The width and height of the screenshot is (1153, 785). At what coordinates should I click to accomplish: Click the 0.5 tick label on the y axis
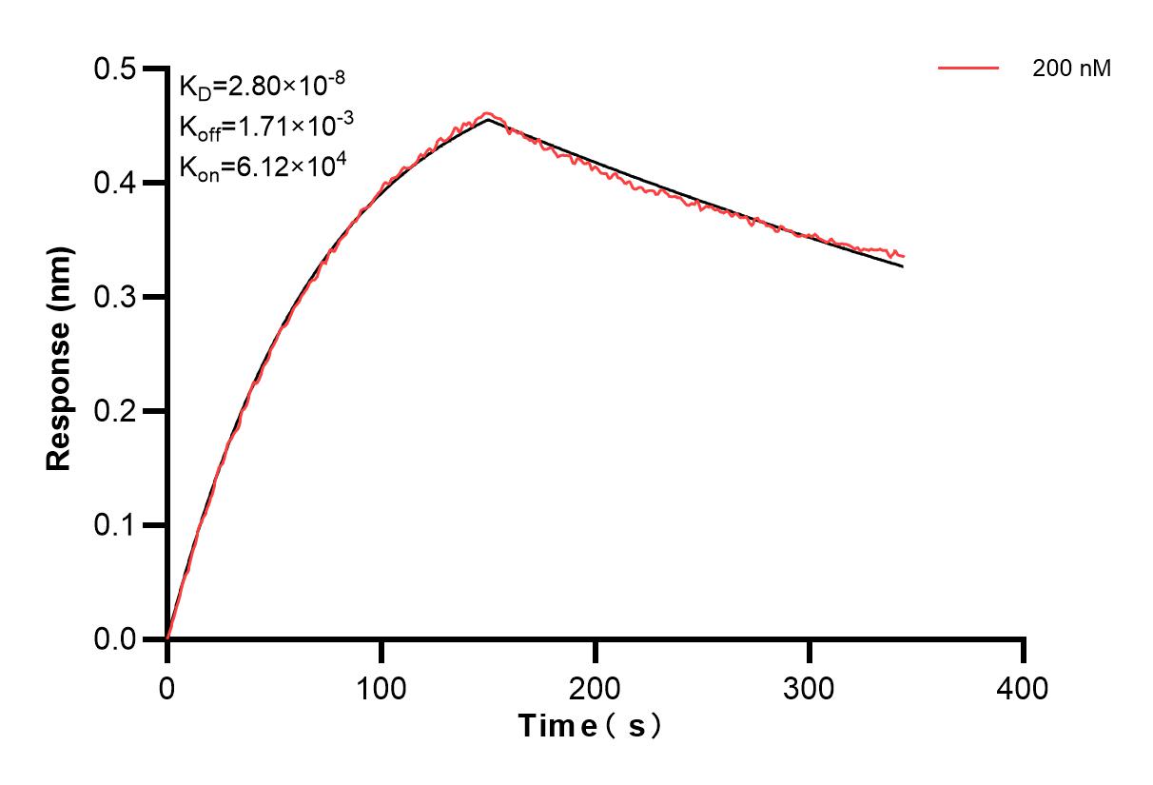click(116, 69)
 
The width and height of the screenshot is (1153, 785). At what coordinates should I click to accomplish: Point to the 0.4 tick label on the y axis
click(116, 184)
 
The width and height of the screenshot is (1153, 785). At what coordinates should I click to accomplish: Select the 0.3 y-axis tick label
click(116, 298)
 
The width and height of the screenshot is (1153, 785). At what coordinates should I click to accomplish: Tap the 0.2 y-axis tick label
click(116, 412)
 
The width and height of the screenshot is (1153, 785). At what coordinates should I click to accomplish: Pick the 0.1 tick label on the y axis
click(116, 526)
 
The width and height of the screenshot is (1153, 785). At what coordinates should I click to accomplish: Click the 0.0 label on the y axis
click(116, 639)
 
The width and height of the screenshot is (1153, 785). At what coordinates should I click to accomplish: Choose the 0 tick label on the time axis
click(167, 687)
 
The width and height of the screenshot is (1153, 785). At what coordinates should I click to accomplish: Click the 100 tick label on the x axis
click(381, 687)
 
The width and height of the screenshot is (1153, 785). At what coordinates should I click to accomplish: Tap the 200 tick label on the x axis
click(596, 687)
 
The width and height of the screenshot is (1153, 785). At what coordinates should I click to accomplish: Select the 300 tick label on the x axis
click(810, 687)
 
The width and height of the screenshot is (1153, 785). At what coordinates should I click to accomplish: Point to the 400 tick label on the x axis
click(1024, 687)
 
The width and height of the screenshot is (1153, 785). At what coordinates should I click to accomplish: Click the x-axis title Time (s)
click(590, 727)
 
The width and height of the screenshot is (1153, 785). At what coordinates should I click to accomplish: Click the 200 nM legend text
click(1072, 69)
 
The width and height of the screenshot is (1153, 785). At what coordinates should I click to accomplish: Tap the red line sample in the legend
click(968, 69)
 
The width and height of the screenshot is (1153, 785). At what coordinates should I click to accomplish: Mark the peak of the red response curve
click(488, 113)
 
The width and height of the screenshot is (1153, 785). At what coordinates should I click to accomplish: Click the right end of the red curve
click(903, 256)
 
